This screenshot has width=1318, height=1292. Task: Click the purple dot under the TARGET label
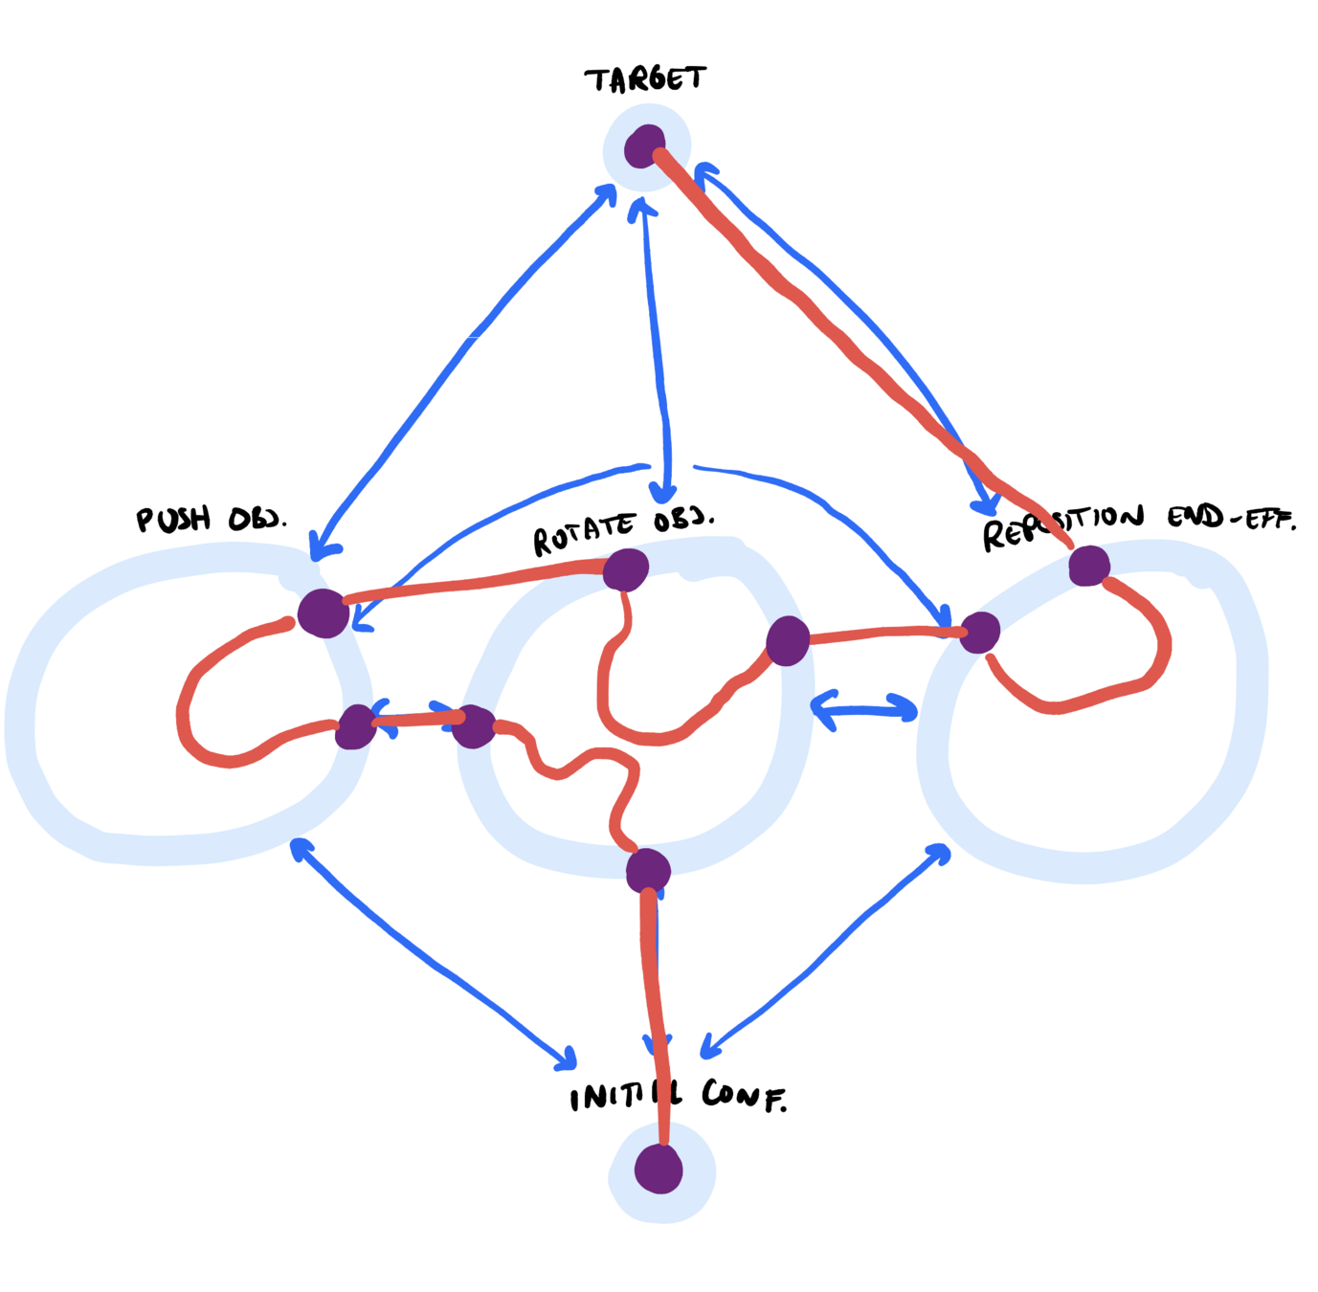click(x=645, y=147)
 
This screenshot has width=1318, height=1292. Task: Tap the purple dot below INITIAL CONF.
click(x=659, y=1169)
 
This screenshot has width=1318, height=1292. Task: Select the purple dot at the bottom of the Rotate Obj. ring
click(x=648, y=870)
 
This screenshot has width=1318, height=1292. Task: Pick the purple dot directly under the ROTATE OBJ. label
click(x=626, y=570)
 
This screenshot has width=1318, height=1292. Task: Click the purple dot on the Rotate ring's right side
click(x=788, y=640)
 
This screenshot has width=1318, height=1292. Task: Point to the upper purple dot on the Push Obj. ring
click(x=323, y=613)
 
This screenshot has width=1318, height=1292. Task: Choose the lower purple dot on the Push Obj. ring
click(x=356, y=727)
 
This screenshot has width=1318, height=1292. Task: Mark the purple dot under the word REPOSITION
click(x=1088, y=566)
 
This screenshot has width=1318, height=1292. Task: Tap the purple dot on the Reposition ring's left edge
click(x=979, y=633)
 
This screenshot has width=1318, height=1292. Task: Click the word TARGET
click(x=645, y=79)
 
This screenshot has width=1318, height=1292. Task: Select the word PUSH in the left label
click(x=173, y=520)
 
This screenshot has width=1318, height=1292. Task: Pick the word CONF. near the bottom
click(x=744, y=1096)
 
